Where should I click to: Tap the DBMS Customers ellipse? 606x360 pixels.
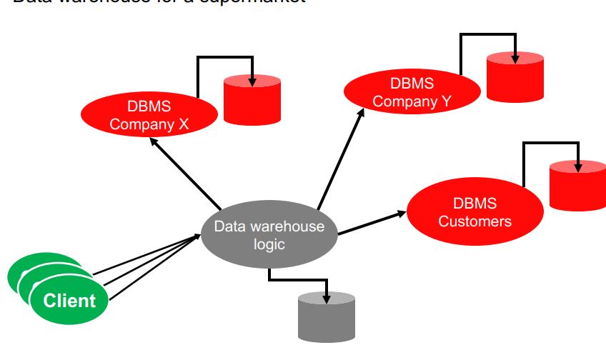[x=475, y=212]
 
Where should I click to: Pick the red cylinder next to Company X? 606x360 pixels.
[x=252, y=101]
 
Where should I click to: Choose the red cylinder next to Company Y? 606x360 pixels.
[x=515, y=77]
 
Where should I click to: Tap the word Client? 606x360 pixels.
[x=69, y=300]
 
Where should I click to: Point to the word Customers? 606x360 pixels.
[x=475, y=221]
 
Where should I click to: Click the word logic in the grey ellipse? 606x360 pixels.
[x=269, y=244]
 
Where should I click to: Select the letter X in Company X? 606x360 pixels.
[x=183, y=124]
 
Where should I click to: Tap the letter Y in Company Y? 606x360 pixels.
[x=445, y=101]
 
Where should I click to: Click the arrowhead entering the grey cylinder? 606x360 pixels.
[x=327, y=298]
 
